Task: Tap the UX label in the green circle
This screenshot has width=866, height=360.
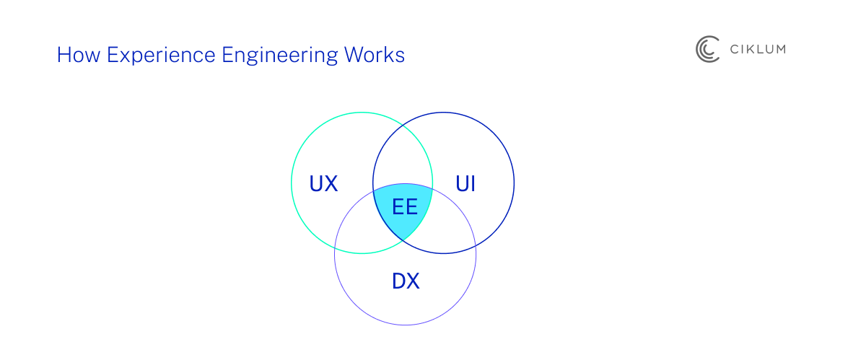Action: (323, 184)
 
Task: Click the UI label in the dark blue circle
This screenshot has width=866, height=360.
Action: (465, 184)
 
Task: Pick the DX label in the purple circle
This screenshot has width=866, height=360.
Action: (406, 281)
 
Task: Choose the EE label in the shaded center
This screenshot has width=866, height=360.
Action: (405, 208)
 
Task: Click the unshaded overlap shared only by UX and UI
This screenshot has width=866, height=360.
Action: (403, 155)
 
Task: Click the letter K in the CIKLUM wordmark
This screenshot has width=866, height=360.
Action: (747, 49)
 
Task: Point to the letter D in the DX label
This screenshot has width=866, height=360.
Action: (399, 281)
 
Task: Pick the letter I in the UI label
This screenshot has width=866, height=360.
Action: (473, 184)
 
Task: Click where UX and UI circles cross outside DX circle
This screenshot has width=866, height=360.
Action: (403, 124)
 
